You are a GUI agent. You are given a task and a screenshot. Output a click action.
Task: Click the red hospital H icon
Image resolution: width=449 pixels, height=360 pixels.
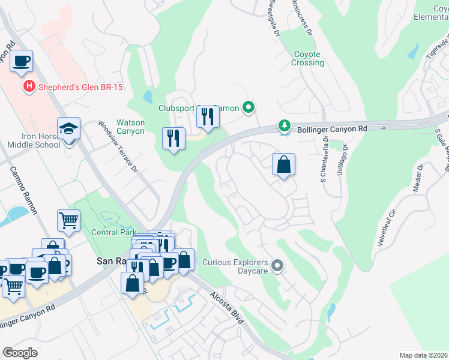click(x=28, y=88)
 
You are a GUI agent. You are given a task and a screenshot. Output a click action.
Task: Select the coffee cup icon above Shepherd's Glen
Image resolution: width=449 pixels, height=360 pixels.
click(x=21, y=61)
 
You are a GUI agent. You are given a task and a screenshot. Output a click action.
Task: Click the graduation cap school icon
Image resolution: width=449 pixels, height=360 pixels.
click(x=69, y=128)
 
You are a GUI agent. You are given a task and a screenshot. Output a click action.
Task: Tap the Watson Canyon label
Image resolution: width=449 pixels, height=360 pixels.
click(x=130, y=127)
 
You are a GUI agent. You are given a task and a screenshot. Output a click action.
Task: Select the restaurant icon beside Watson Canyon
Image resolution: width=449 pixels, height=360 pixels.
click(x=173, y=138)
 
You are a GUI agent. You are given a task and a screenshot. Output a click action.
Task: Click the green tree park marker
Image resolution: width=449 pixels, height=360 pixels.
click(x=284, y=127)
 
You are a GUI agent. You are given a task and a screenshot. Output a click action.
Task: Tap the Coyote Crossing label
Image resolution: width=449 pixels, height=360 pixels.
click(x=309, y=58)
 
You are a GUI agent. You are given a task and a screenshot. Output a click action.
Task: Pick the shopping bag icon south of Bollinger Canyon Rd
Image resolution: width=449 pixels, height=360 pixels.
click(x=284, y=164)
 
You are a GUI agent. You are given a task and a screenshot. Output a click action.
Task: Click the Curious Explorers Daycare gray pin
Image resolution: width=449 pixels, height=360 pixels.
click(x=277, y=265)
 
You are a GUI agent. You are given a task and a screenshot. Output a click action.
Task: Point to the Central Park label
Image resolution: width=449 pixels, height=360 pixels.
click(x=113, y=233)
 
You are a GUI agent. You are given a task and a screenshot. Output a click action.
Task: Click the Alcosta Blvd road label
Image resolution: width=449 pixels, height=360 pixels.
click(x=227, y=308)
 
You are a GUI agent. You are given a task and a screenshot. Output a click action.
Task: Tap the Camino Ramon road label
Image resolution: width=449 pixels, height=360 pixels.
click(x=23, y=192)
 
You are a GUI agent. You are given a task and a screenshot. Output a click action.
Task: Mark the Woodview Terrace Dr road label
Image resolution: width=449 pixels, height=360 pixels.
click(x=118, y=147)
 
